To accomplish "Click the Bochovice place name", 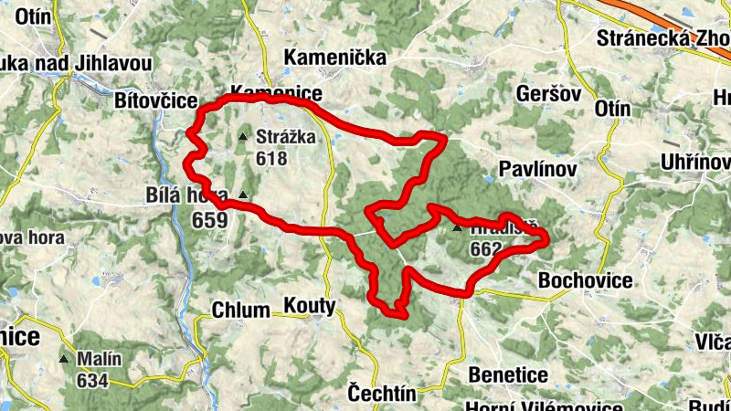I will tap(586, 280).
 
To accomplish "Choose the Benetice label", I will tap(508, 374).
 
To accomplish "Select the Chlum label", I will tap(240, 310).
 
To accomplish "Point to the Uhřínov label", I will tap(699, 163).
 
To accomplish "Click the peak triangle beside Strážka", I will tap(242, 137).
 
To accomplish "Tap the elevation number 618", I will tap(271, 159).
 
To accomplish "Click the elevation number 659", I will tap(209, 220).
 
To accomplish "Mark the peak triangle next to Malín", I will tap(63, 359).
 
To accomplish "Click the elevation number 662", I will tap(485, 248).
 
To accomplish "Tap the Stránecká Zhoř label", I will tap(663, 38).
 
